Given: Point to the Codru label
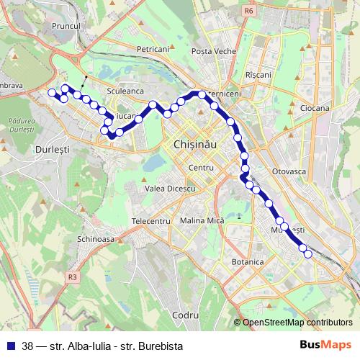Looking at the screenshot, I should [x=186, y=315].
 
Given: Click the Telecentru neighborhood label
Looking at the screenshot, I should [x=150, y=220].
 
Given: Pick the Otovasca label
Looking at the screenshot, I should [x=291, y=171].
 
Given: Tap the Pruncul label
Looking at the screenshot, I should [x=69, y=25].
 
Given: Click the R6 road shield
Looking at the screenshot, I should [x=249, y=11].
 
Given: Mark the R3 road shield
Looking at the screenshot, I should [x=72, y=276].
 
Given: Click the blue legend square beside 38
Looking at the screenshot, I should [x=12, y=346].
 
